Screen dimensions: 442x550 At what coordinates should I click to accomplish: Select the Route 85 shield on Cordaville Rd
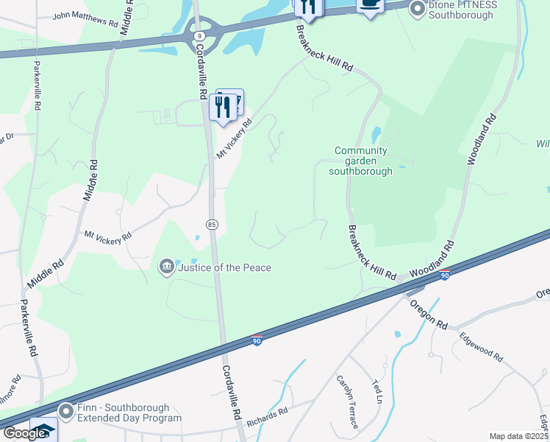point(212,224)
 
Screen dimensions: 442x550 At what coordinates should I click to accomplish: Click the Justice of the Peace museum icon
point(167,266)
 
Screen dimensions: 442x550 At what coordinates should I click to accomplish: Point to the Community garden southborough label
point(360,161)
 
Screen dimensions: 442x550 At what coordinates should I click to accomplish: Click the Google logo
point(24,433)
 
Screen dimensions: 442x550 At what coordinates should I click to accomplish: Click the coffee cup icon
point(370,4)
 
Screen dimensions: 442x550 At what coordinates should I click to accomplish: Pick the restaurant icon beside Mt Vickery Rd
point(221,108)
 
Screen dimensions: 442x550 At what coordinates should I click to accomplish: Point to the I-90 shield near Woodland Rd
point(445,276)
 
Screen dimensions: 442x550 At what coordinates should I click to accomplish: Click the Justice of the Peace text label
point(224,267)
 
